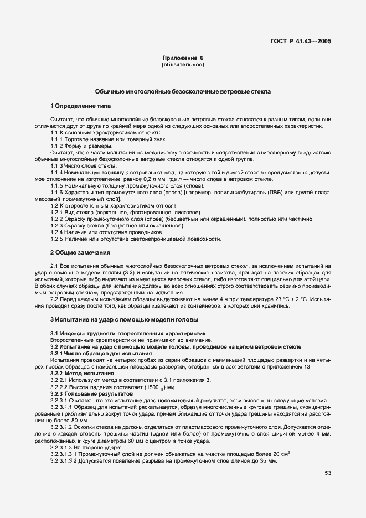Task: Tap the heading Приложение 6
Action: pyautogui.click(x=183, y=58)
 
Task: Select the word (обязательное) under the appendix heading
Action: pyautogui.click(x=183, y=65)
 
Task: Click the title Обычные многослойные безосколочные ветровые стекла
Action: pyautogui.click(x=183, y=91)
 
